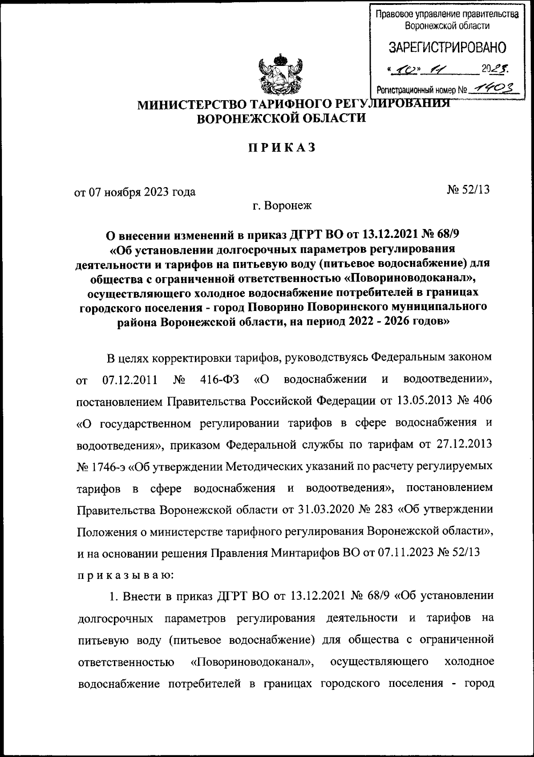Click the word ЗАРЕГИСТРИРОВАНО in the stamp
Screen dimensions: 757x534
[448, 47]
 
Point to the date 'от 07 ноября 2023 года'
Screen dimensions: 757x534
[134, 192]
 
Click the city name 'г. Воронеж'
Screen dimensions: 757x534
[281, 205]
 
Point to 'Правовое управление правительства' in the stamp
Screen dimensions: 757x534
[447, 14]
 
